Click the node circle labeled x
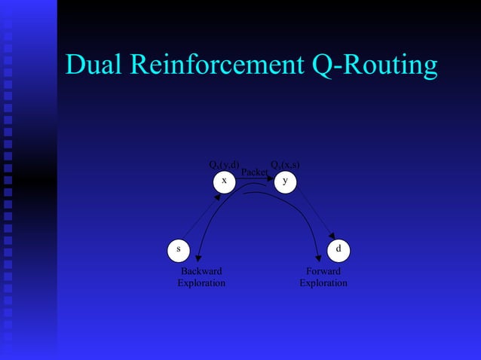(x=224, y=182)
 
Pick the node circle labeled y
(x=284, y=182)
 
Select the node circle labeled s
(x=178, y=249)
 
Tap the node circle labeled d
(x=339, y=249)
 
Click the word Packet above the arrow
(x=254, y=172)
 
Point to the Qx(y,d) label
(x=224, y=165)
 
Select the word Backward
(x=201, y=271)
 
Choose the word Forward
(x=323, y=271)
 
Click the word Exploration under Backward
(x=201, y=283)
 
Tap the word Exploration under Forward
(x=323, y=283)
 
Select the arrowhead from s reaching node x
(x=218, y=196)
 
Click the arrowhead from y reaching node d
(x=332, y=236)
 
